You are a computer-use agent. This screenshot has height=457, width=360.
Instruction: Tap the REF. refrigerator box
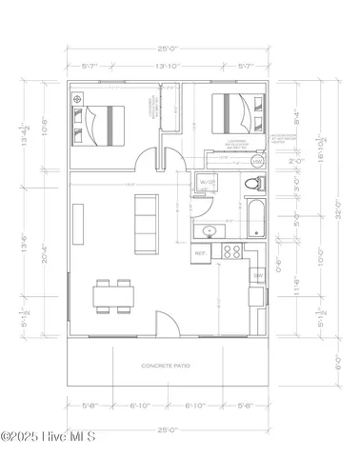(201, 254)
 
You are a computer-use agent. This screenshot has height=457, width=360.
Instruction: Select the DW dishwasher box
(257, 275)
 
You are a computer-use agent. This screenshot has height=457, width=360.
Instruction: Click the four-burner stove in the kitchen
(230, 252)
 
